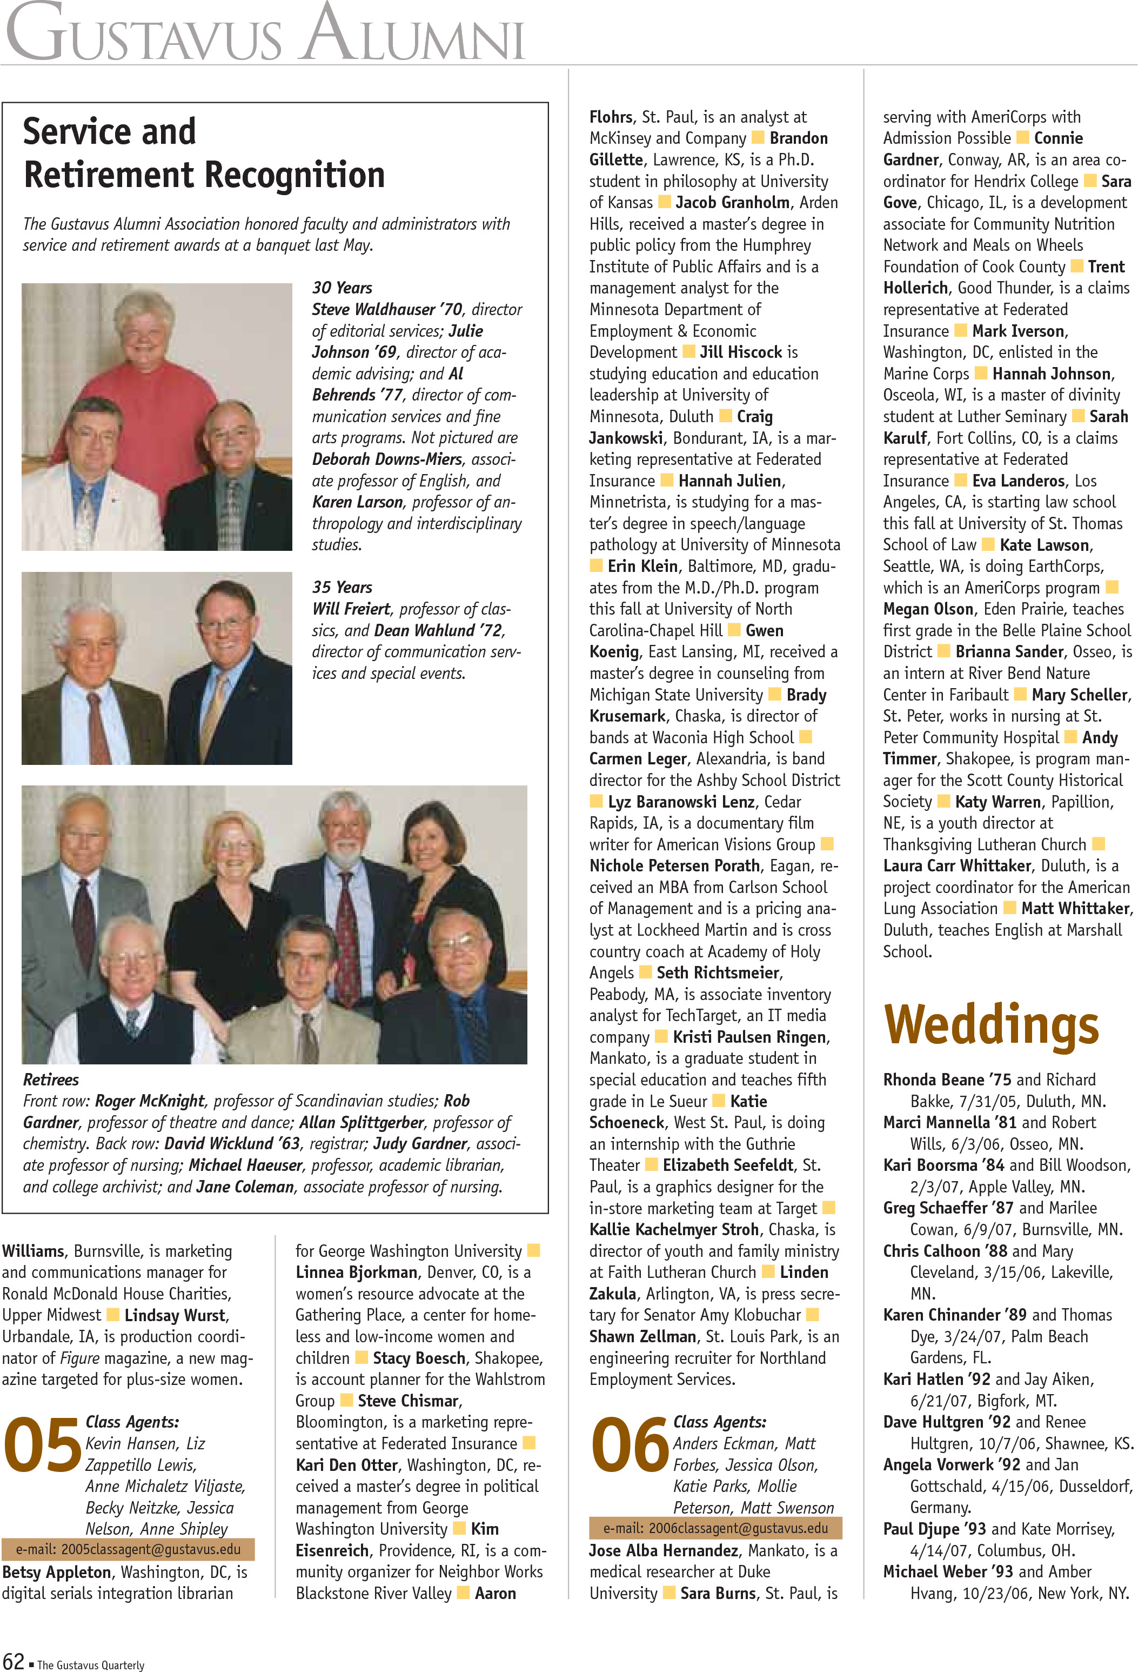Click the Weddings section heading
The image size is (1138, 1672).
990,1024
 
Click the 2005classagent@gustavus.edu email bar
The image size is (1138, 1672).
128,1549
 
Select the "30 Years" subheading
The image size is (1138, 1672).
342,288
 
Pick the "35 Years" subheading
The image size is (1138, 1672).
342,587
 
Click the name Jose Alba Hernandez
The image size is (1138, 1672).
663,1550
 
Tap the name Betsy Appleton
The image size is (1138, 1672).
57,1572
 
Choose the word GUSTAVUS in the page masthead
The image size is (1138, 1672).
144,36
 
